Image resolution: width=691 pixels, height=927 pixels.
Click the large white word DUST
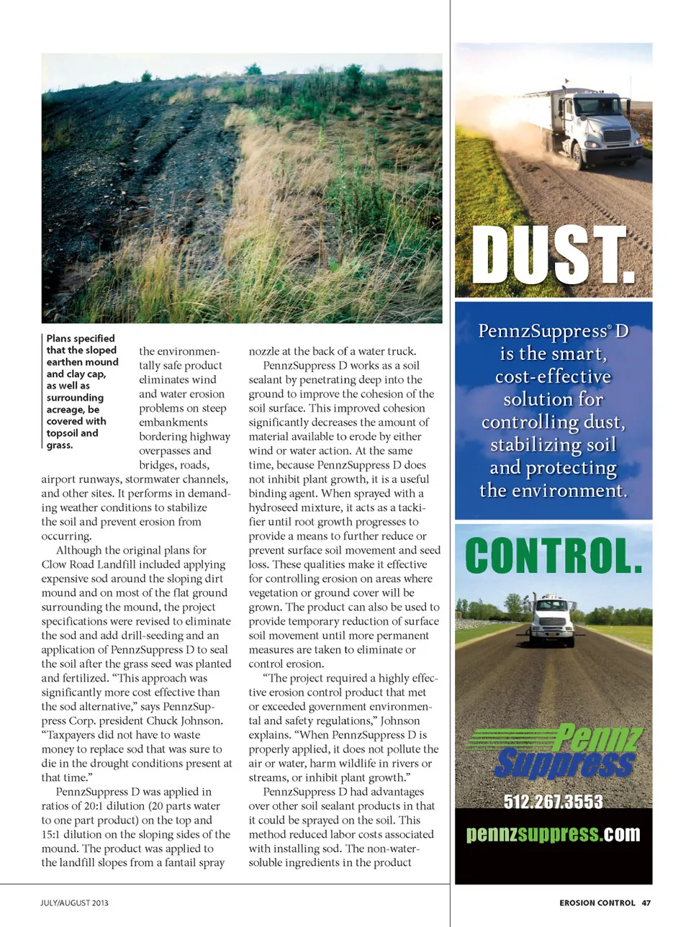tap(553, 256)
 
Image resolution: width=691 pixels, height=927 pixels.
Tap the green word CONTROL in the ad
tap(553, 556)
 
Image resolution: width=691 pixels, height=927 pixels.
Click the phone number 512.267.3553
tap(553, 802)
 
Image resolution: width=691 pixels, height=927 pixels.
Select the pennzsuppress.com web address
tap(553, 834)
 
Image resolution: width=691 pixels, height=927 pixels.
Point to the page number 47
tap(646, 903)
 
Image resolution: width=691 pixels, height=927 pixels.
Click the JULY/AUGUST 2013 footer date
tap(74, 903)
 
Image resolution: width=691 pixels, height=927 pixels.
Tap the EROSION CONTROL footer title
tap(597, 903)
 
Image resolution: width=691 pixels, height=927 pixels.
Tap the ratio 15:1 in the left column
tap(55, 834)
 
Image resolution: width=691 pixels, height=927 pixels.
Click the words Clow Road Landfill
tap(90, 564)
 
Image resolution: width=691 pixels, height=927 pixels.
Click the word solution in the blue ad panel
tap(553, 399)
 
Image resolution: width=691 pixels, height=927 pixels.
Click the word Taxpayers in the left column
tap(73, 735)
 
